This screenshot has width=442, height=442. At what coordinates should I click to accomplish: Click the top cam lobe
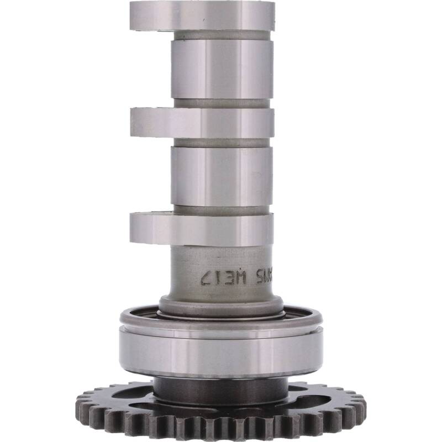click(x=202, y=15)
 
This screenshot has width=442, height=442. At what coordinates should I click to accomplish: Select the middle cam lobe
click(x=202, y=122)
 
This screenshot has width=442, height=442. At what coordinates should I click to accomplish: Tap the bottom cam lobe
click(x=202, y=229)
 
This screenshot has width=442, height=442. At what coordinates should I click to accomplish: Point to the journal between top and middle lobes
click(x=221, y=69)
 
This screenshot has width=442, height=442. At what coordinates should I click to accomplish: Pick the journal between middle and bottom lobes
click(x=221, y=176)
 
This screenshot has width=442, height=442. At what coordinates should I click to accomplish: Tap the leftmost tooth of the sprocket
click(x=80, y=400)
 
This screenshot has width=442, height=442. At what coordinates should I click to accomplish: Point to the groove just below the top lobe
click(x=221, y=35)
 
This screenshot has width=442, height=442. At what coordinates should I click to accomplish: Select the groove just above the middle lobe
click(x=221, y=103)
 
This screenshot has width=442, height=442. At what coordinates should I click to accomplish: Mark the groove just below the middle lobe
click(x=221, y=143)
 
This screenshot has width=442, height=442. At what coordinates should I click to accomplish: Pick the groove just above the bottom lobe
click(x=221, y=210)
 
